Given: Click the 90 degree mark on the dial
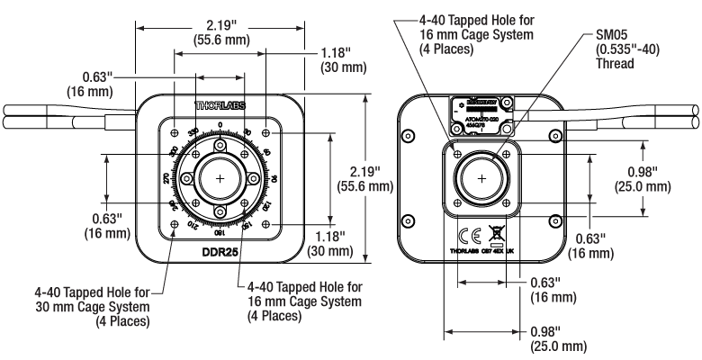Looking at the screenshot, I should coord(274,179).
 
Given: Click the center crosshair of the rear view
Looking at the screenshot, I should coord(482,179).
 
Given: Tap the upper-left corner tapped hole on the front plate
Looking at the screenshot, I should coord(174,132).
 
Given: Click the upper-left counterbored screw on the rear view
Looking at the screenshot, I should coord(406,137).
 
